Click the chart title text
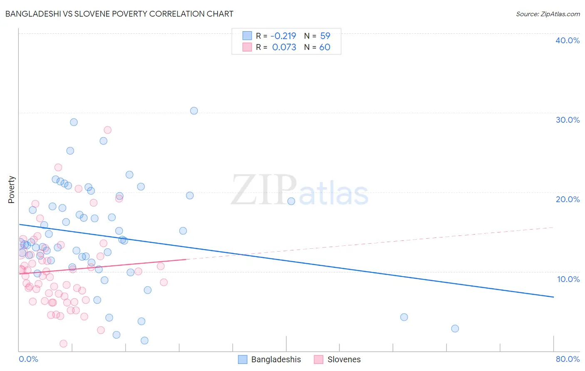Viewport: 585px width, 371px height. [x=119, y=14]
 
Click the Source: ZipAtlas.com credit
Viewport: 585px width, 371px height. [x=548, y=14]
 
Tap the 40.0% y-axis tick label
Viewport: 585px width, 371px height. [x=567, y=40]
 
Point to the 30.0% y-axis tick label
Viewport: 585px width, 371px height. [x=567, y=120]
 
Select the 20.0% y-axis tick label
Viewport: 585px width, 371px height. [x=567, y=199]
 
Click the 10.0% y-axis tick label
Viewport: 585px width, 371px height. [x=568, y=279]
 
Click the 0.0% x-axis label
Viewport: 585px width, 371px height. [x=28, y=359]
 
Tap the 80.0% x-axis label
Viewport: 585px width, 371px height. [x=568, y=359]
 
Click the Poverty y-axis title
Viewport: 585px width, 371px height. [x=11, y=190]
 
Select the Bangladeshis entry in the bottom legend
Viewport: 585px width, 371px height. [x=275, y=359]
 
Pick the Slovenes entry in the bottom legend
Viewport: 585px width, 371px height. [x=344, y=359]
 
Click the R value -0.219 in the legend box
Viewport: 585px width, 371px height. [x=283, y=36]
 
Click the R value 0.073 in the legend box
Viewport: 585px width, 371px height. [x=284, y=47]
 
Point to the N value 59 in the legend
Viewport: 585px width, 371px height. [x=325, y=36]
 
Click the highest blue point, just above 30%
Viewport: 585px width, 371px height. [x=194, y=111]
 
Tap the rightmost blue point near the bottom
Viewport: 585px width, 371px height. [x=455, y=329]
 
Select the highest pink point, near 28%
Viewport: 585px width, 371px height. [x=107, y=130]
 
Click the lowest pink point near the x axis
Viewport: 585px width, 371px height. [x=63, y=344]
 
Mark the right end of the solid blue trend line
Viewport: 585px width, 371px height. [x=553, y=297]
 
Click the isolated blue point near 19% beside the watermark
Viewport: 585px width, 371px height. [x=291, y=201]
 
